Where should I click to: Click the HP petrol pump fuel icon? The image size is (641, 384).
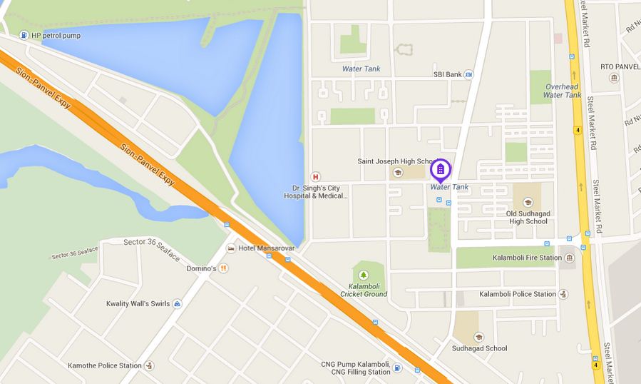point(24,35)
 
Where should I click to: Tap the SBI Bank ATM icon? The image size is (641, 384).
point(468,74)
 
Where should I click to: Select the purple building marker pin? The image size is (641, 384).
point(441,169)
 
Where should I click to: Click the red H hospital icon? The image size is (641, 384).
point(314,176)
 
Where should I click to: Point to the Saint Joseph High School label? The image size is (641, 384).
point(397,161)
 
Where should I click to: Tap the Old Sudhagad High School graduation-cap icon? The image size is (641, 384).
point(527,203)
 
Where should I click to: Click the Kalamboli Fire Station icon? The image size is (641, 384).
point(569,258)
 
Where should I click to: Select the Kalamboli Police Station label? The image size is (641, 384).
point(517,294)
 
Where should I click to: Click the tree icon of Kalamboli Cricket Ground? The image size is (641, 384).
point(364,275)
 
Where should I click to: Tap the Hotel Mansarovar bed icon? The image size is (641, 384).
point(230,248)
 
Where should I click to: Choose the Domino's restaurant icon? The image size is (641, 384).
point(224,268)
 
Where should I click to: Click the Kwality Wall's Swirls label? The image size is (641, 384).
point(138,303)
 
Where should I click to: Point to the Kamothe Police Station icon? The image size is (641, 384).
point(149,365)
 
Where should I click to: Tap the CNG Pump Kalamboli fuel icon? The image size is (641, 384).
point(397,368)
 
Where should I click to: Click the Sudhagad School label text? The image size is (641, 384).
point(479,348)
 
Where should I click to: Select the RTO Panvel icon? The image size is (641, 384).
point(614,77)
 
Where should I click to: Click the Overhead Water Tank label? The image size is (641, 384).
point(562,90)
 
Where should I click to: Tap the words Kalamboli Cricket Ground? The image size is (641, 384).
point(364,289)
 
